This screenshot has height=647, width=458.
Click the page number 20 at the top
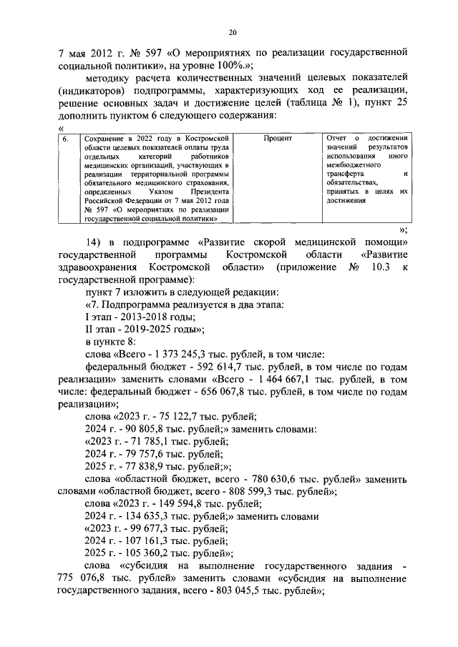[233, 32]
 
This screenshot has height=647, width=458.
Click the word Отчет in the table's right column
[336, 138]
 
